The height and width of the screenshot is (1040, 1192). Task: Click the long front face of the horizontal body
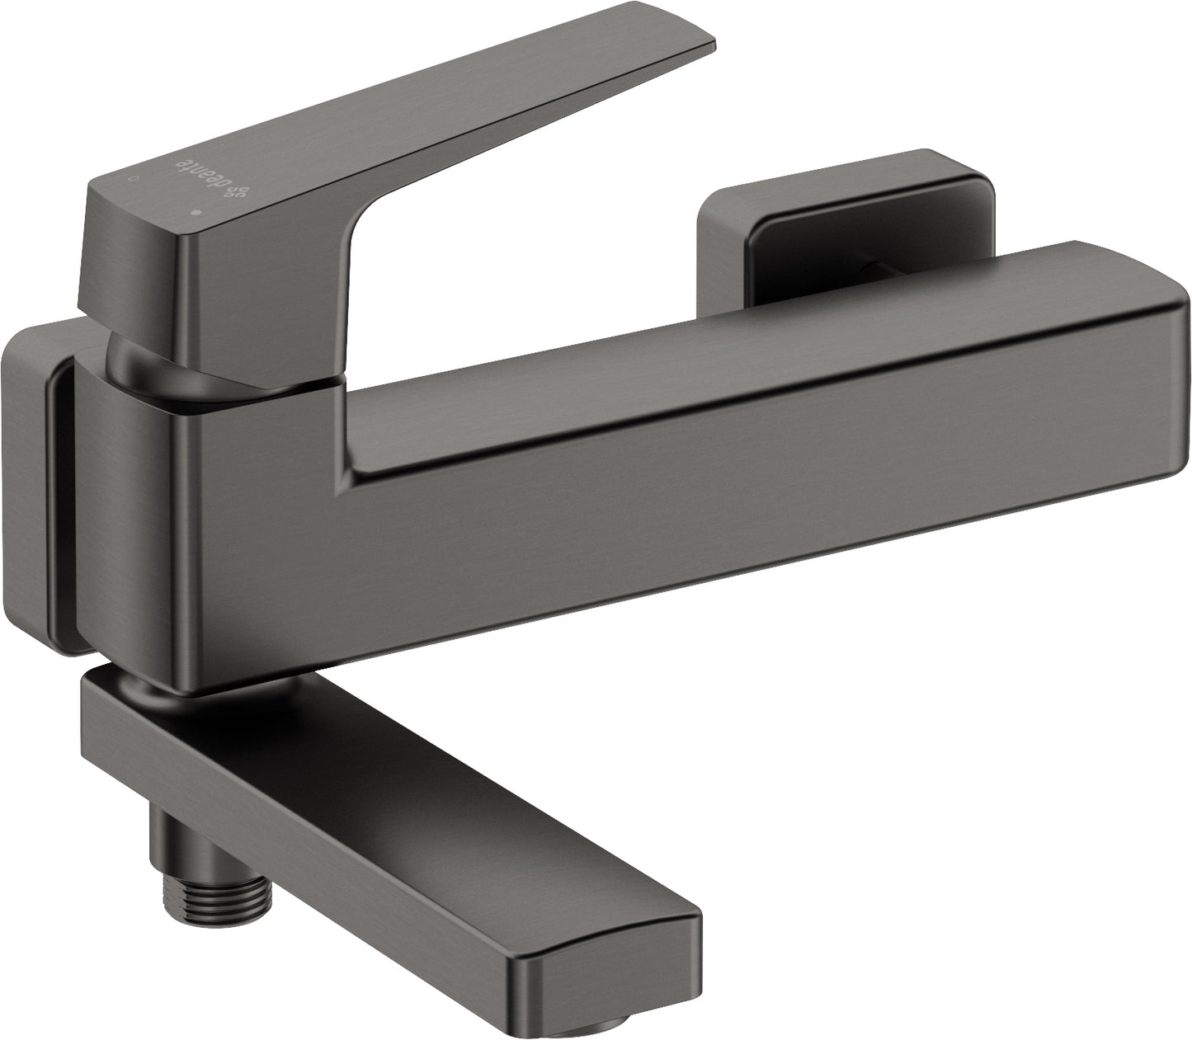click(x=742, y=487)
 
